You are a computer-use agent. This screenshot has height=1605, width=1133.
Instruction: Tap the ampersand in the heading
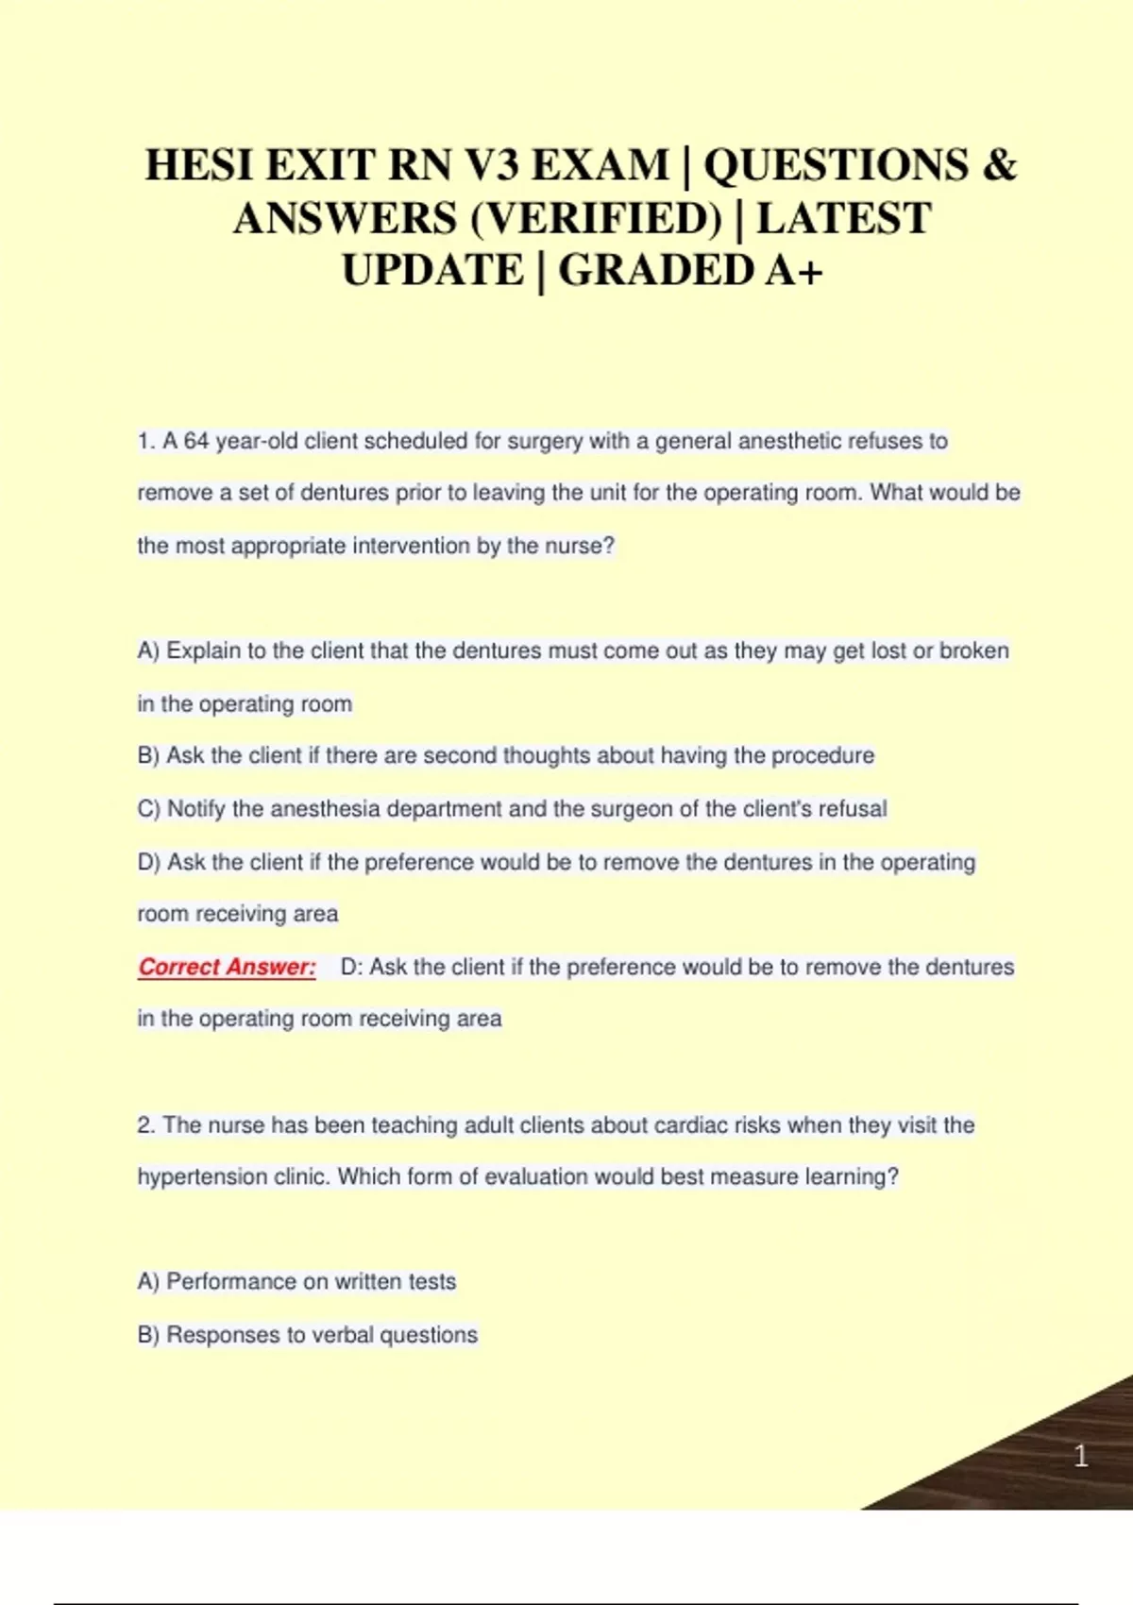point(1000,165)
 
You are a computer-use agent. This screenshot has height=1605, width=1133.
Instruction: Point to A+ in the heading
point(794,271)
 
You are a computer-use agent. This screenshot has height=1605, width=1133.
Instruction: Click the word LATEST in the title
point(843,218)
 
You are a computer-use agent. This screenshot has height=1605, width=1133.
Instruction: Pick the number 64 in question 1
point(195,441)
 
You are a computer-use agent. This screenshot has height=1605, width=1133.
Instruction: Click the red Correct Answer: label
point(227,967)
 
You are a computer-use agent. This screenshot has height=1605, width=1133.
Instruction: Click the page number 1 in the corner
point(1081,1456)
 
